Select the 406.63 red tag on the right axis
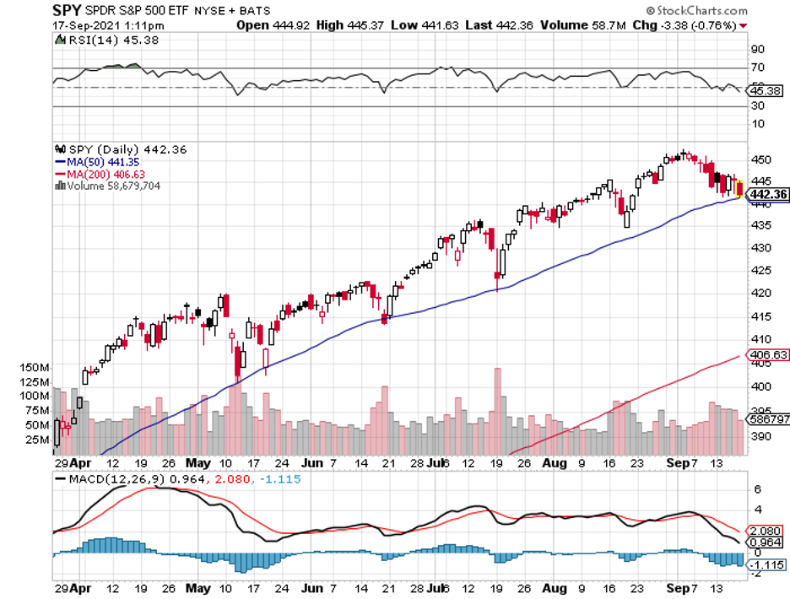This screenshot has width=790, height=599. (x=769, y=355)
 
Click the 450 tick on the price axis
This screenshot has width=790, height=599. (x=760, y=159)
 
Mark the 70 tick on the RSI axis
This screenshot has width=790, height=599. (x=757, y=67)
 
